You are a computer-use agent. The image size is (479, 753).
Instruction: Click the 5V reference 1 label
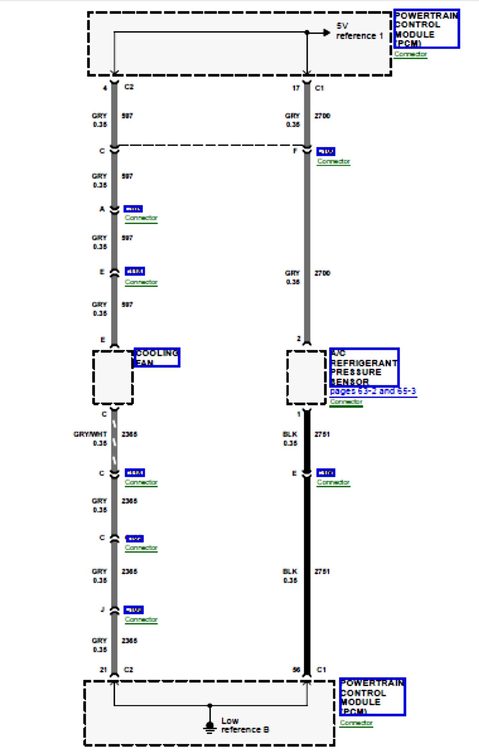point(359,31)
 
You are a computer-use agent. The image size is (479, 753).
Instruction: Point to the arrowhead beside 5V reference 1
point(326,32)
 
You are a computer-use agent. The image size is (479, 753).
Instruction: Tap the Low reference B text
point(245,725)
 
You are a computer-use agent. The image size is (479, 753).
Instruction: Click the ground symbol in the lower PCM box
point(209,726)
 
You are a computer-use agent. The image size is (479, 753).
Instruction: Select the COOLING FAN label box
point(157,357)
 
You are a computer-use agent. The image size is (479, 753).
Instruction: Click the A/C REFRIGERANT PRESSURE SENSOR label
point(364,367)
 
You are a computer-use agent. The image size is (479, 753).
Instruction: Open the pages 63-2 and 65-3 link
point(373,391)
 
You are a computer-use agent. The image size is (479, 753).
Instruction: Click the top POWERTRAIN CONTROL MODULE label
point(426,29)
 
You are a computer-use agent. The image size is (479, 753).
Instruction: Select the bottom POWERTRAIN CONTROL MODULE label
point(372,697)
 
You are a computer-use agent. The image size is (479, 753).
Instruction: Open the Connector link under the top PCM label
point(410,54)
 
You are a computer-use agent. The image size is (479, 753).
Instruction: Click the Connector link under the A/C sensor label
point(346,402)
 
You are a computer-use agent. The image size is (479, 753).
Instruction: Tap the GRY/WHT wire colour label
point(90,434)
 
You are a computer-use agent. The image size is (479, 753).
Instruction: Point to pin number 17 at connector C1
point(296,88)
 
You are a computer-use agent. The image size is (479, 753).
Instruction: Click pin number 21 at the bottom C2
point(103,670)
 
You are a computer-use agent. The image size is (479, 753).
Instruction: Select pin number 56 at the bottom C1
point(296,670)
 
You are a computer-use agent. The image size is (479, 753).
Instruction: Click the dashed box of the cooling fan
point(113,377)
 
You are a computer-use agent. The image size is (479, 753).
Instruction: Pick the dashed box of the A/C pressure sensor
point(306,377)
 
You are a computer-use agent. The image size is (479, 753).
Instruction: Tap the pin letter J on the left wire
point(103,609)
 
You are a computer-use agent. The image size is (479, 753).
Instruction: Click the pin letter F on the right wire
point(295,151)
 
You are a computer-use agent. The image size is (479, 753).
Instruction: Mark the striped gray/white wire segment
point(114,442)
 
